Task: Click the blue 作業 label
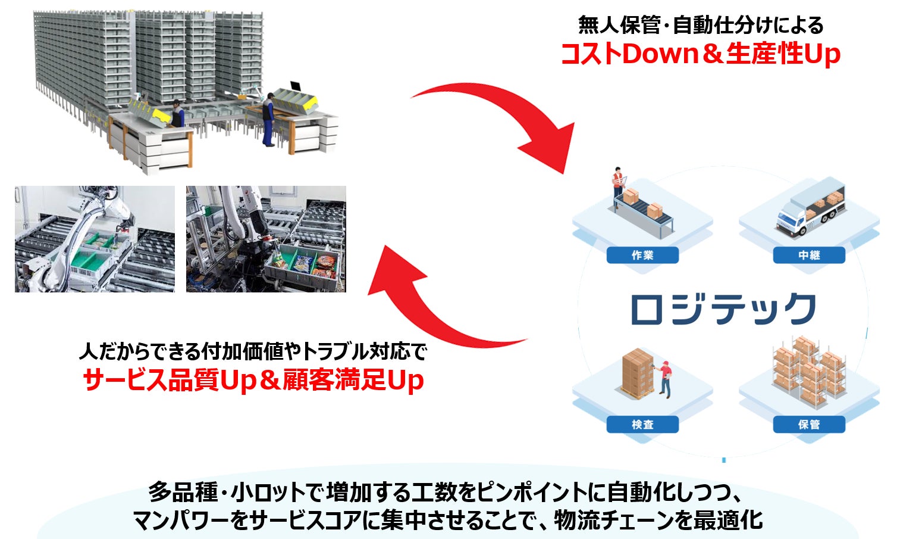(x=642, y=256)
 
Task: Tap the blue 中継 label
(x=809, y=256)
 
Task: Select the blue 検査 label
(x=642, y=425)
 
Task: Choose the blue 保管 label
(x=809, y=425)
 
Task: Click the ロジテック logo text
(x=723, y=309)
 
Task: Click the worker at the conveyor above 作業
(x=619, y=181)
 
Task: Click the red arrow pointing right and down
(x=506, y=116)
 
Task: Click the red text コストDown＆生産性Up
(x=700, y=54)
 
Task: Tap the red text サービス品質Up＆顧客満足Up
(x=253, y=381)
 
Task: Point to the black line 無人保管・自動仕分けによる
(x=700, y=25)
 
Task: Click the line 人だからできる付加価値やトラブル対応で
(x=253, y=351)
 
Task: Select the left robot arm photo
(x=95, y=239)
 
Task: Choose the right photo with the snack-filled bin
(x=266, y=239)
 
